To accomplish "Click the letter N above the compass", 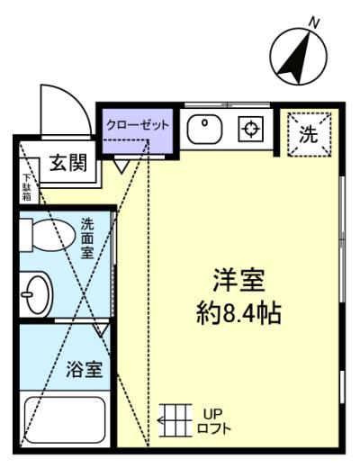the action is [314, 23].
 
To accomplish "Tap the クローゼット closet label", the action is [138, 125].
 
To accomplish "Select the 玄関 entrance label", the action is [68, 163].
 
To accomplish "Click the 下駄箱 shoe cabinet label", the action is [27, 187].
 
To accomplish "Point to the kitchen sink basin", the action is [204, 130].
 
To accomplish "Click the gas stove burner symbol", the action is [251, 129].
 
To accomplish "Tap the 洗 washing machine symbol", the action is [309, 134].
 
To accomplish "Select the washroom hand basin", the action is [36, 294].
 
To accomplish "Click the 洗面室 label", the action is [87, 238].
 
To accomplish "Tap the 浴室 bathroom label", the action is [85, 369].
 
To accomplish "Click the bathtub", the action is [65, 419].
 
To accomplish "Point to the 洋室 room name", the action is [238, 281].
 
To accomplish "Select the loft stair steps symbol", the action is [175, 420].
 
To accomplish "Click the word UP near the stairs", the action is [213, 414].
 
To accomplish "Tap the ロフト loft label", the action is [214, 428].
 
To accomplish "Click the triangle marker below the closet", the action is [121, 166].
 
